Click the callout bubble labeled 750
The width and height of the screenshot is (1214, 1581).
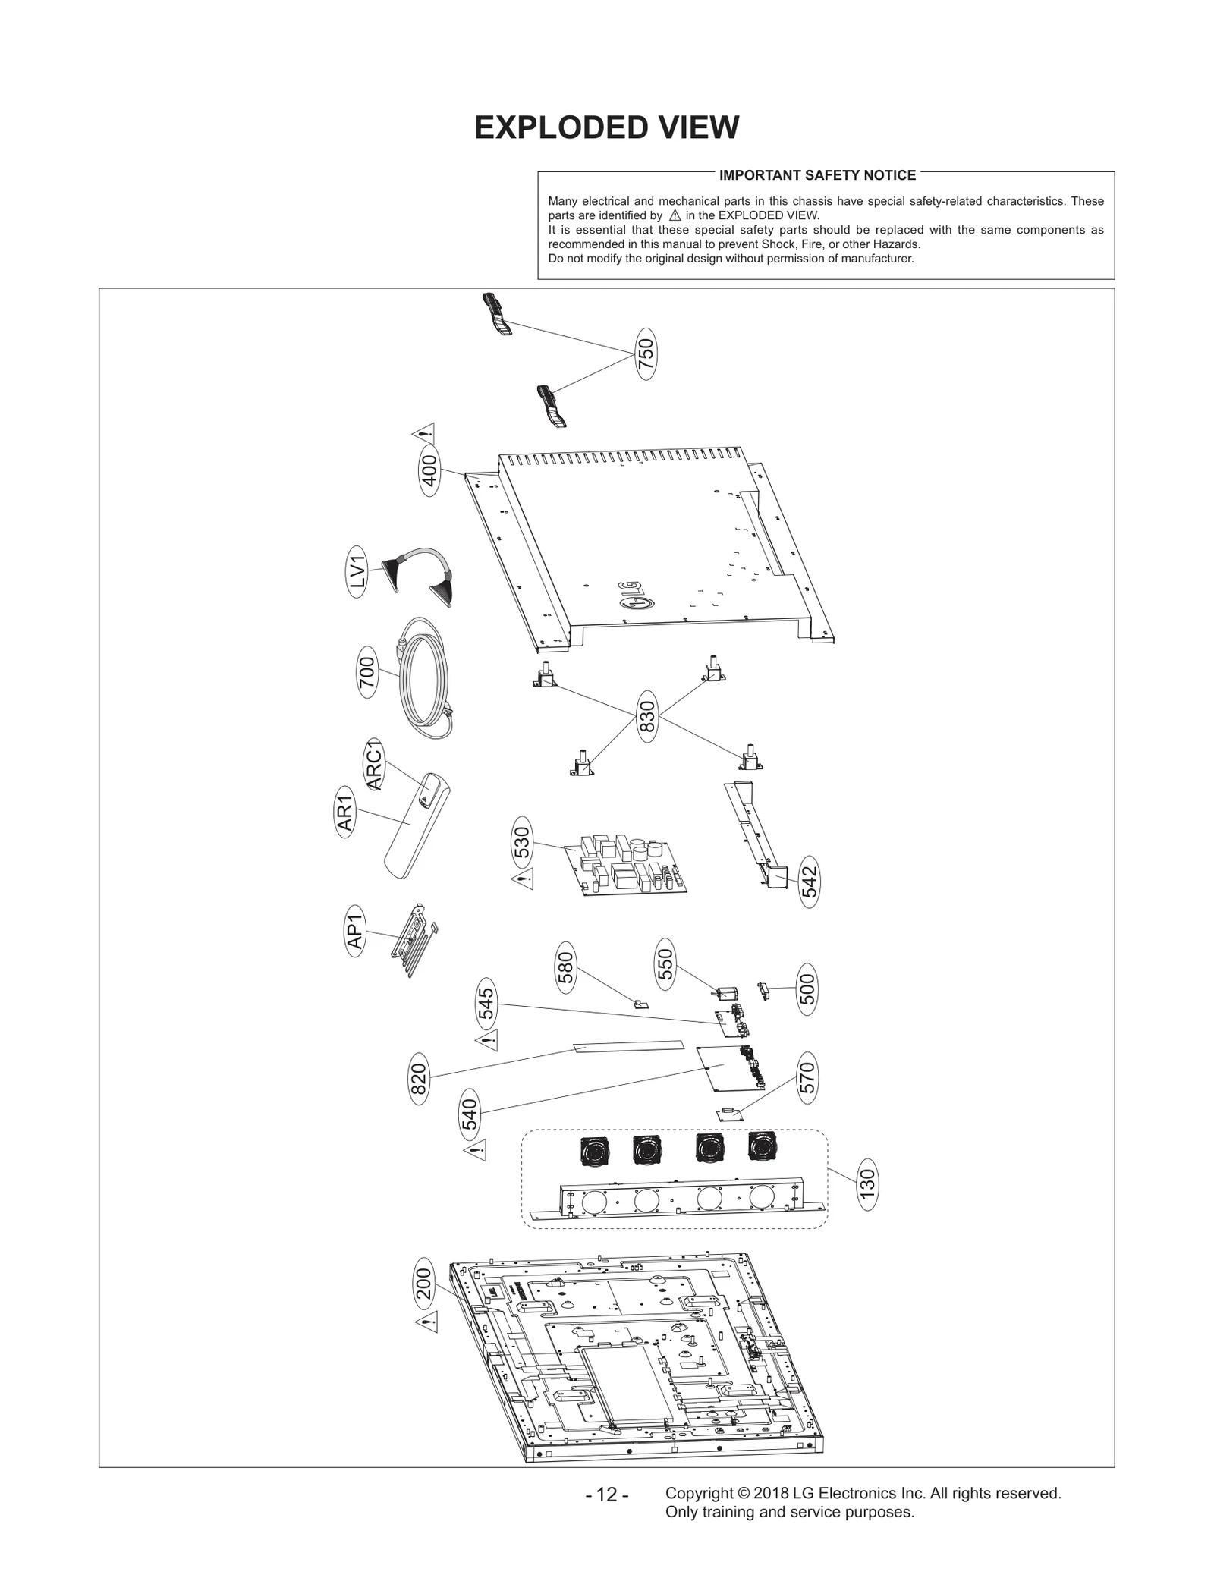[x=645, y=354]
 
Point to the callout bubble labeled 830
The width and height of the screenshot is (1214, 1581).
[x=647, y=715]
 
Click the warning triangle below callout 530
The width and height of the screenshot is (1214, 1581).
[x=524, y=880]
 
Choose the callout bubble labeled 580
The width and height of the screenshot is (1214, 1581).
[x=566, y=967]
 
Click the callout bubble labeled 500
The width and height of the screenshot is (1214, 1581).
[x=807, y=989]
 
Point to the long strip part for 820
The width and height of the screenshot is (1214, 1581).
[x=627, y=1047]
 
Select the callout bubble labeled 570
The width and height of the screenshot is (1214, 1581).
[x=807, y=1077]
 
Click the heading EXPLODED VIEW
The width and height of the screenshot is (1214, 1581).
[x=606, y=127]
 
